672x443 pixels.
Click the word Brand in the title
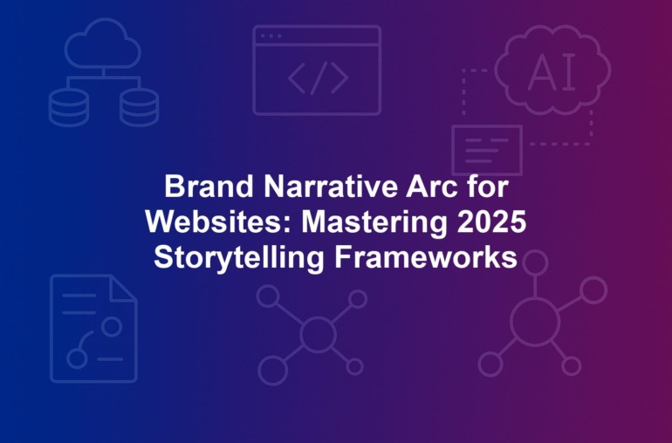tap(209, 187)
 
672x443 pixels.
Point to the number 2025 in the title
tap(491, 221)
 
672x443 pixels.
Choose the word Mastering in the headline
tap(374, 222)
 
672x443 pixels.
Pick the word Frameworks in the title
tap(426, 257)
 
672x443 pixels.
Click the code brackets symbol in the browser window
tap(318, 78)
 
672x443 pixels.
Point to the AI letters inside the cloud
tap(552, 73)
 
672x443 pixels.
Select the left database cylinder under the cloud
tap(69, 107)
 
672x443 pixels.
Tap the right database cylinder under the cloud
tap(140, 107)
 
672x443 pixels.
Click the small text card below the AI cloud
tap(487, 150)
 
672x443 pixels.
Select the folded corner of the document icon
tap(122, 288)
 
